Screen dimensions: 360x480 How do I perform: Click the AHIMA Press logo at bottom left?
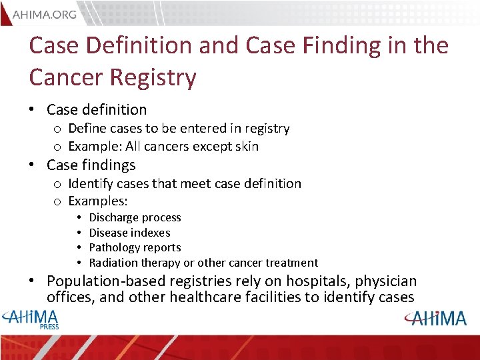(32, 319)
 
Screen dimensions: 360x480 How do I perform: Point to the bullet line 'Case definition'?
(97, 109)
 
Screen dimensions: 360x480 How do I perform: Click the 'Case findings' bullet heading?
(91, 165)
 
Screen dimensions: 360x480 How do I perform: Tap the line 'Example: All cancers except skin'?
(163, 146)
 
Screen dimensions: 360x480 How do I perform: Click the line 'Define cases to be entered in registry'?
(179, 128)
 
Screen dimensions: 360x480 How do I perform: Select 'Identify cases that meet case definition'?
(185, 183)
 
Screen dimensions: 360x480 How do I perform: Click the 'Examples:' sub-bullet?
(98, 201)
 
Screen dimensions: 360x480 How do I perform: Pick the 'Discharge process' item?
(135, 217)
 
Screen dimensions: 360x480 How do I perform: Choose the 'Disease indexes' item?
(129, 233)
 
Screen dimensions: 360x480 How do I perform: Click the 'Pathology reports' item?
(135, 247)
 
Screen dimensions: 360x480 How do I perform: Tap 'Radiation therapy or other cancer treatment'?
(203, 263)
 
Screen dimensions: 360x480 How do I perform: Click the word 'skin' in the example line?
(246, 146)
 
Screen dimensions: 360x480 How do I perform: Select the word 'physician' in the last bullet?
(386, 281)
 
